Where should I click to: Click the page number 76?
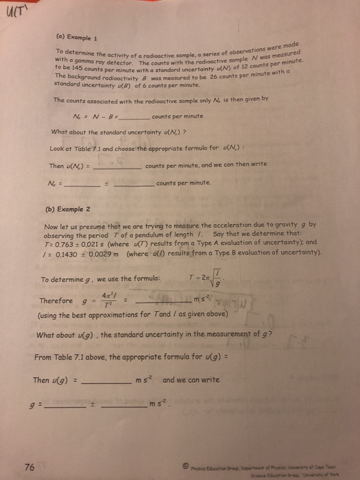coord(29,468)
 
